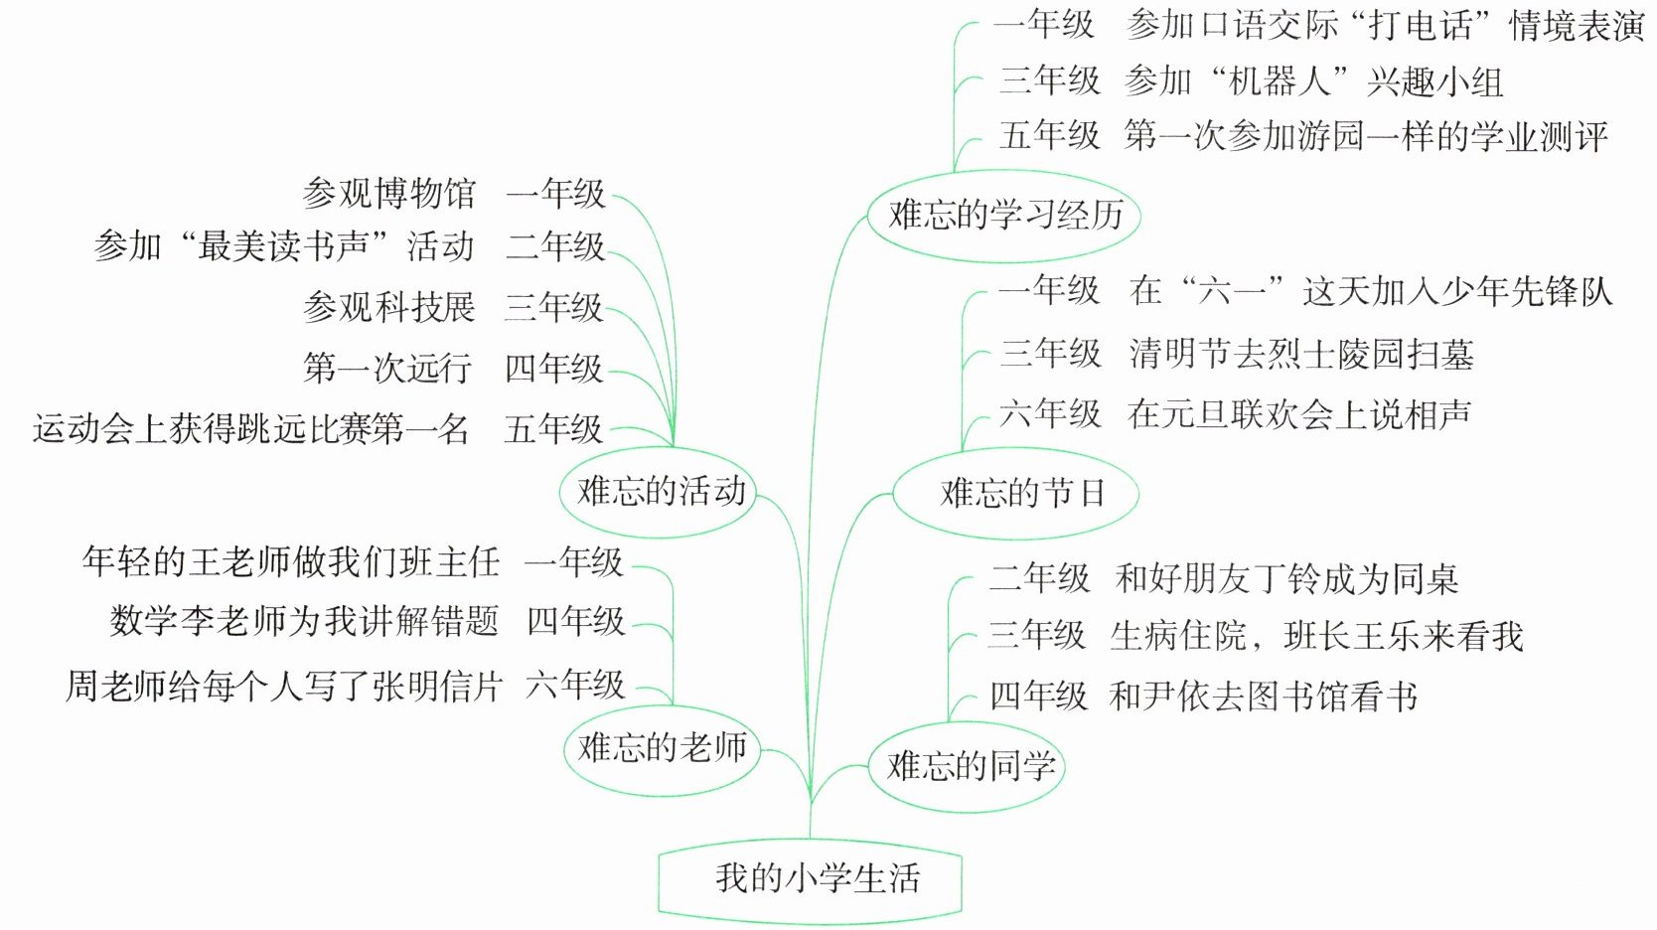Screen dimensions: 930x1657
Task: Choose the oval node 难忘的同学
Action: click(968, 767)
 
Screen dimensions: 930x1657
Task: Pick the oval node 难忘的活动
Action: click(659, 492)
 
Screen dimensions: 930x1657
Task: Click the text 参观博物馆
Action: click(389, 194)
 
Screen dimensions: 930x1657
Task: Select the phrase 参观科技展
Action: click(389, 308)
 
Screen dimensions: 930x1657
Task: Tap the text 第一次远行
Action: click(387, 369)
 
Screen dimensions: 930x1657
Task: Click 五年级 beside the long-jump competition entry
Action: click(553, 429)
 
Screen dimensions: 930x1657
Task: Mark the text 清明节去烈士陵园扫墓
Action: click(1301, 355)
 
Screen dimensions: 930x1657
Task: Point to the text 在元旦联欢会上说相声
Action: click(1299, 414)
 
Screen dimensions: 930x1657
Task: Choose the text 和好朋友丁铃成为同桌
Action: click(1287, 579)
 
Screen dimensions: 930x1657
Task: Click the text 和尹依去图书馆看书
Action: click(1263, 697)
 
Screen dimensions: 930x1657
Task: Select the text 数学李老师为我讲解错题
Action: click(304, 622)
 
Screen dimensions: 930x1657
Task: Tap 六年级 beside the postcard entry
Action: click(575, 685)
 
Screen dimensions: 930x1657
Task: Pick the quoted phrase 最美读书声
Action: click(283, 246)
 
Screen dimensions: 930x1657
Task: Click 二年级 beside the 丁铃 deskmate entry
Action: click(1039, 578)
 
